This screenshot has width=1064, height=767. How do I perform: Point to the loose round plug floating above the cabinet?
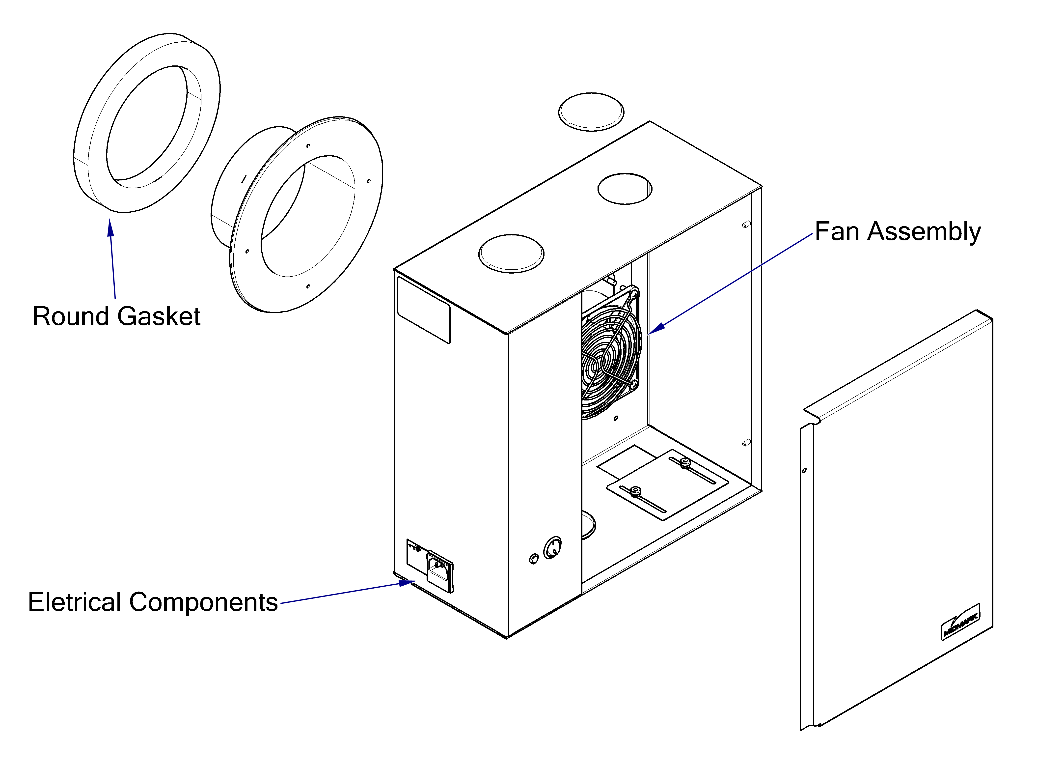pyautogui.click(x=591, y=112)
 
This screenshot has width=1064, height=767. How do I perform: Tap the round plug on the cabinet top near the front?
pyautogui.click(x=511, y=254)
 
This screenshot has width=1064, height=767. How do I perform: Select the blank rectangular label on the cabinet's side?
pyautogui.click(x=424, y=310)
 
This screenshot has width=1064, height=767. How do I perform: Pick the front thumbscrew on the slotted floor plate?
pyautogui.click(x=636, y=492)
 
